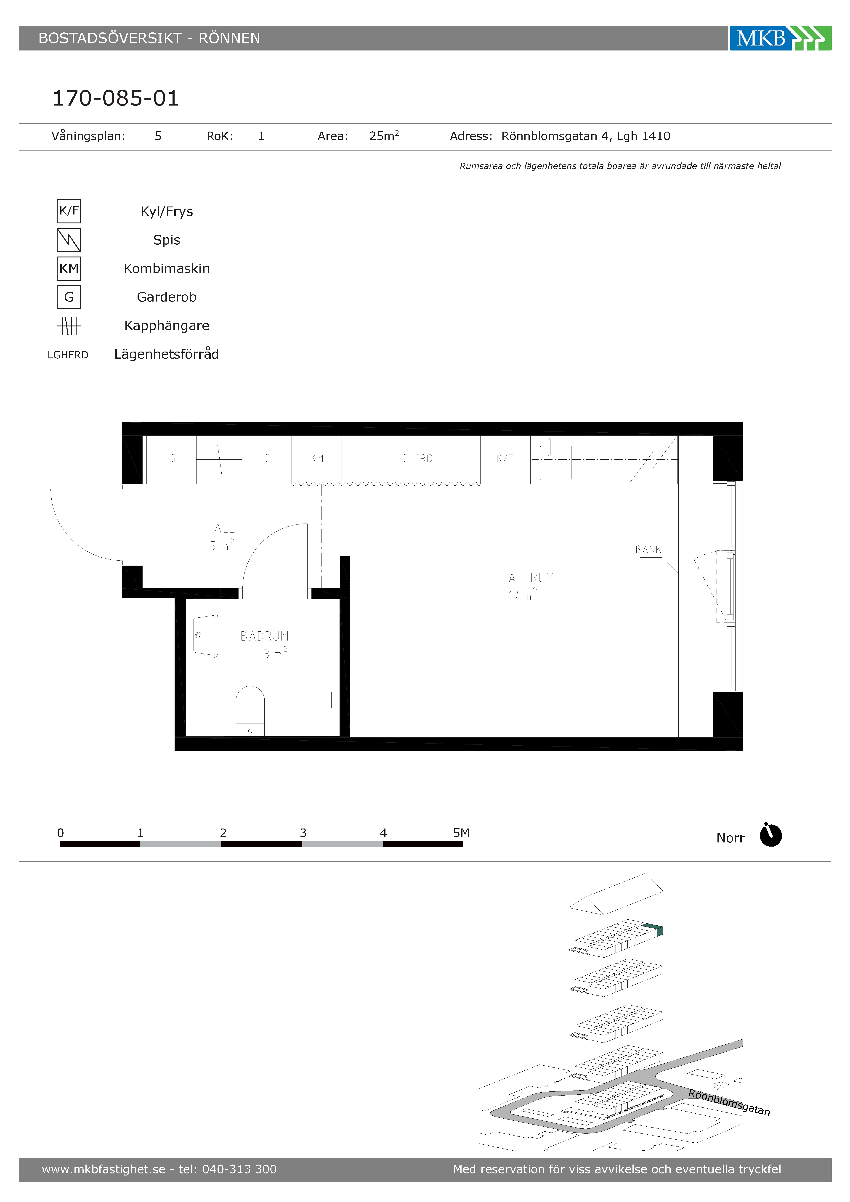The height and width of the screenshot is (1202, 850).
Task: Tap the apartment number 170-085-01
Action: (116, 98)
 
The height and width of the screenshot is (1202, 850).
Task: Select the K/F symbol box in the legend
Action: (69, 211)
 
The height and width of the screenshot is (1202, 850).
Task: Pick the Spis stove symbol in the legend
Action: (69, 240)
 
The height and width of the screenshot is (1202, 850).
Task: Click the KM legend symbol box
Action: (69, 269)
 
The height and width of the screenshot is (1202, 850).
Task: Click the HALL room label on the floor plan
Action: (220, 528)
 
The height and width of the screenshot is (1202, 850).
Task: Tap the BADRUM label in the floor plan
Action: (264, 636)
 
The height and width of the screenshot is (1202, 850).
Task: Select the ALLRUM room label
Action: (531, 577)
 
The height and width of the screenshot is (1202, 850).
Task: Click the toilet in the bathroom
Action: (250, 711)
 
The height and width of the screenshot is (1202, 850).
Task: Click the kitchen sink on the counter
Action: (556, 462)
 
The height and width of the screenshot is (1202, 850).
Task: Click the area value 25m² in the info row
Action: (384, 136)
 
